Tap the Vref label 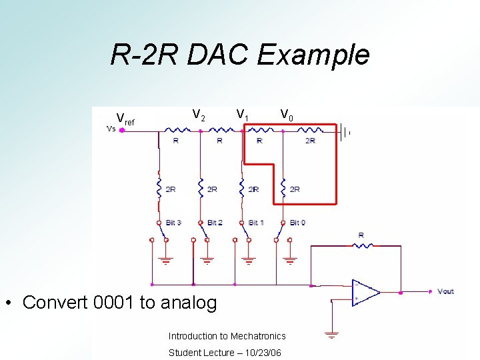coord(125,119)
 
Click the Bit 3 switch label coord(173,223)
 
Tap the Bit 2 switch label coord(215,223)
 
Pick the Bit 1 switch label coord(256,223)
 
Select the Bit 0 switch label coord(298,223)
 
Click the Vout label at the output coord(445,292)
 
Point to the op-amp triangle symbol coord(365,291)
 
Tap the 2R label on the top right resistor coord(311,141)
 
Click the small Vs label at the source coord(111,129)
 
